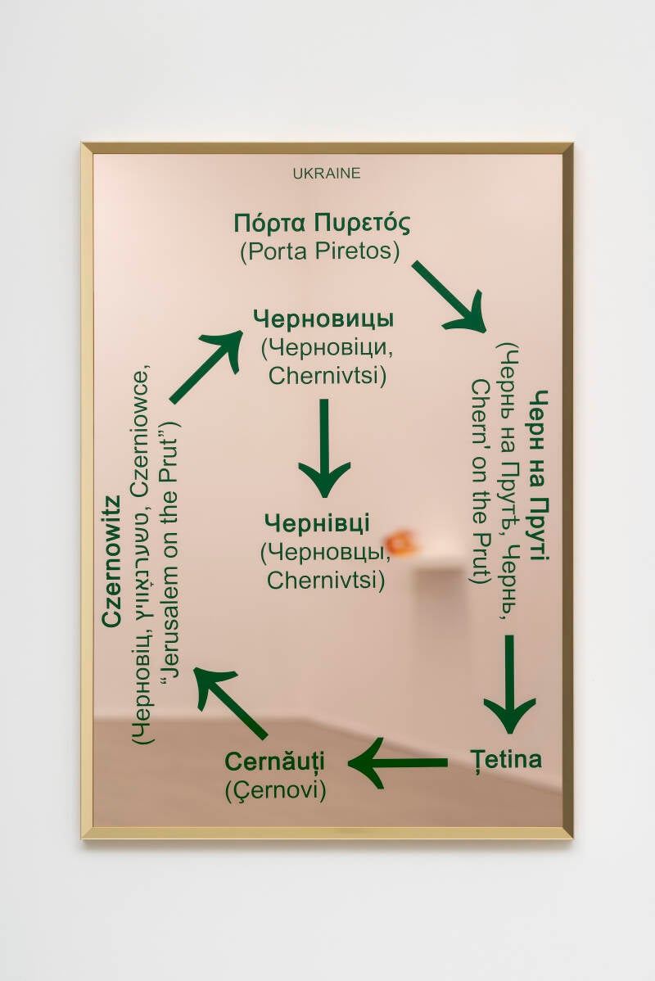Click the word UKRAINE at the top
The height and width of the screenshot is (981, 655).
[x=326, y=174]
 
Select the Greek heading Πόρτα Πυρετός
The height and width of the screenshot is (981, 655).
[x=321, y=223]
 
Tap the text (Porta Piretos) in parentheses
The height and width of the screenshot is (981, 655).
[x=320, y=251]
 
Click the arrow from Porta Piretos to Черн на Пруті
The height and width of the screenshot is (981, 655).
[x=449, y=296]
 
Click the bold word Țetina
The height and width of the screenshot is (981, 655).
[x=505, y=759]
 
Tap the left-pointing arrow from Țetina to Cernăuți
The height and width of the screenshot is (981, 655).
[x=399, y=762]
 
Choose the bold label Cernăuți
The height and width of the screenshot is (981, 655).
[x=275, y=761]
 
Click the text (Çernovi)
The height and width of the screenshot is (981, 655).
[x=275, y=791]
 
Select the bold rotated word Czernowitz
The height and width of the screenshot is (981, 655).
[x=112, y=561]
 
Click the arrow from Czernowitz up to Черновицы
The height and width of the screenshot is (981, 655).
[x=206, y=365]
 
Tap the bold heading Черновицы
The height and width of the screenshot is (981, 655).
[x=323, y=319]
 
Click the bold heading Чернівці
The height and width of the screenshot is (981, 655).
[x=318, y=522]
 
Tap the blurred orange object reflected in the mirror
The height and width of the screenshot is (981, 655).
[x=400, y=541]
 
